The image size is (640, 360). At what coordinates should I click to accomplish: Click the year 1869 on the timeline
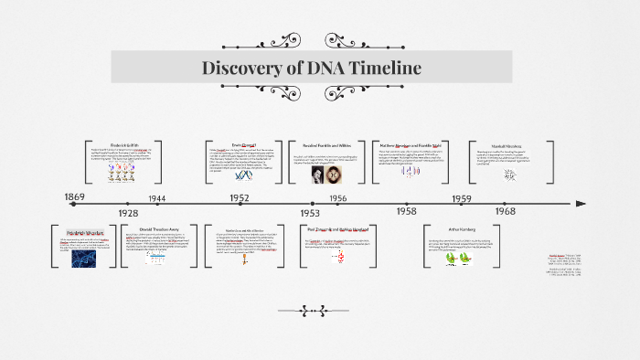(x=75, y=196)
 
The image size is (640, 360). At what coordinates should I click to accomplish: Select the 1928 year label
(x=128, y=212)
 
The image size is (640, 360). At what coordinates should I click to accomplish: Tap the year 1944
(x=157, y=198)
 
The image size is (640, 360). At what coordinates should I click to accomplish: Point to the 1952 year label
(x=240, y=197)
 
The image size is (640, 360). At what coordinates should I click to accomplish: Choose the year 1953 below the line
(x=310, y=212)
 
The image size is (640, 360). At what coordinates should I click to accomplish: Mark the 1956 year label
(x=337, y=198)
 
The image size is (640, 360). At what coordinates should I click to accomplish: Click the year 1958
(x=406, y=211)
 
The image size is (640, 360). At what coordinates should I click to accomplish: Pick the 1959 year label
(x=462, y=198)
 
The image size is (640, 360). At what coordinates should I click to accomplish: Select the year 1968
(x=505, y=211)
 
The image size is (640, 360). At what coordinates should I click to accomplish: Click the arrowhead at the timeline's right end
(x=581, y=204)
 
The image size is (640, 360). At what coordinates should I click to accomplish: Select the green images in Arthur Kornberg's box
(x=463, y=259)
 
